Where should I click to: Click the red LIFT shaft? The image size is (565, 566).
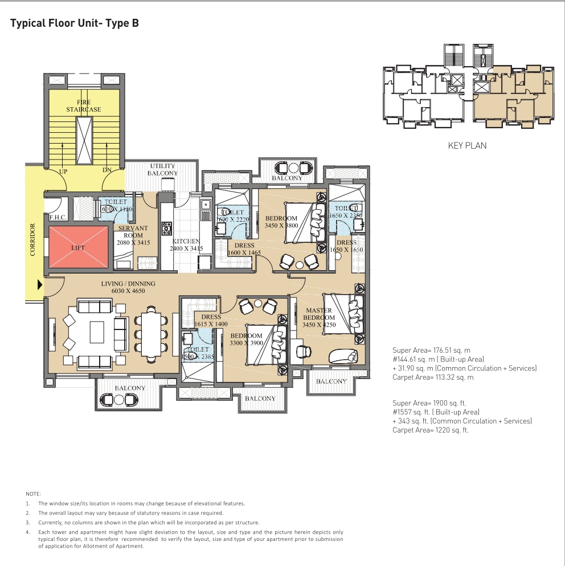tap(79, 249)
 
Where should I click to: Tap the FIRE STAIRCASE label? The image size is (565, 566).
tap(83, 105)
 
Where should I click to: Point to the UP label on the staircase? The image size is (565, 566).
tap(64, 171)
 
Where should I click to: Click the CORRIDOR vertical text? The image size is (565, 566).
tap(32, 239)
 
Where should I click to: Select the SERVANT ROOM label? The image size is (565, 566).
tap(132, 232)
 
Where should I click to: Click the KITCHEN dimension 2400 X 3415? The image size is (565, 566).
tap(187, 249)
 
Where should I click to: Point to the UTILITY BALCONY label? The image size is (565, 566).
tap(163, 169)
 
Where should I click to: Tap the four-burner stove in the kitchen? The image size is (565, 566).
tap(167, 228)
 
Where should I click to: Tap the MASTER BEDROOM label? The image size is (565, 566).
tap(319, 314)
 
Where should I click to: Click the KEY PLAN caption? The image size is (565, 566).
tap(467, 145)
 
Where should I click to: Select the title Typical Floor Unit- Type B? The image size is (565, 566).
tap(75, 23)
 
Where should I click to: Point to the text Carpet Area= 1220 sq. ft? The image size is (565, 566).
tap(430, 430)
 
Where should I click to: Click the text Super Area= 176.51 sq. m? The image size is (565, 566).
tap(431, 349)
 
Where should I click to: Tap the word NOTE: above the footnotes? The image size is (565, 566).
tap(34, 493)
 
